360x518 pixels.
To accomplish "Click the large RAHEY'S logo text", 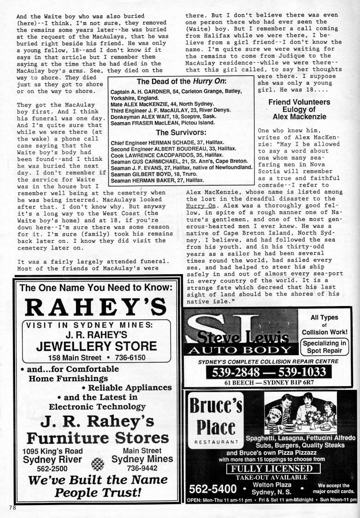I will tap(95, 307).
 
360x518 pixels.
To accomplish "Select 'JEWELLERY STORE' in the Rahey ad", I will tap(96, 346).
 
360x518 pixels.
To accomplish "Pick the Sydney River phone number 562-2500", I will tap(40, 468).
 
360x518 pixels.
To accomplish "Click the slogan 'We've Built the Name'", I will tap(97, 480).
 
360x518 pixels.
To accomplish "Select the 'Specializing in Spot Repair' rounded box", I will tap(325, 347).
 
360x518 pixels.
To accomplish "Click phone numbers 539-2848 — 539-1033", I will tap(269, 372).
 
